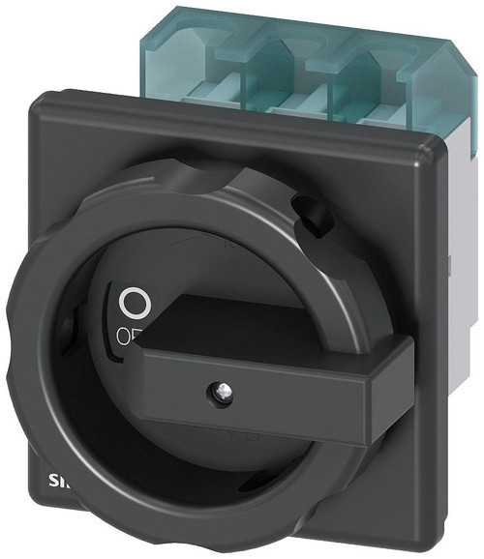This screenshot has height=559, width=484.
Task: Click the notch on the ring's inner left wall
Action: (67, 334)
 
